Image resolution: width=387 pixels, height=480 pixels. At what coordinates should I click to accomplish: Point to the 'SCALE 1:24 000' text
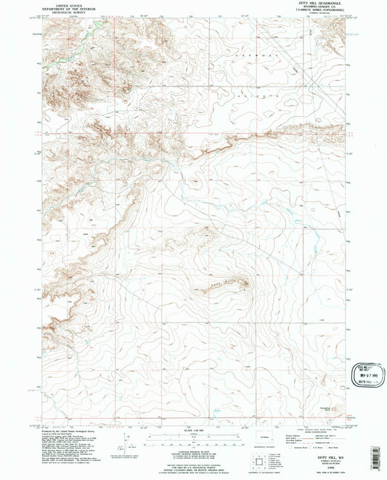[x=192, y=425]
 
